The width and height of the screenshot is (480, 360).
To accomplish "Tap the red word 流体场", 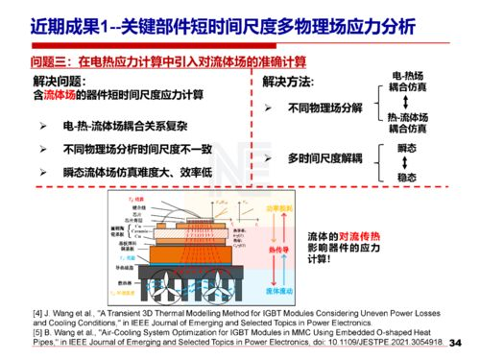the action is point(63,96).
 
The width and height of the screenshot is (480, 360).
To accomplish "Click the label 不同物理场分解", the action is point(324,108).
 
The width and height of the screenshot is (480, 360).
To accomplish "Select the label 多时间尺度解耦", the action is point(324,156).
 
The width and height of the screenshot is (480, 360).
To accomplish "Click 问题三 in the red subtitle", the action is point(39,61).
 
